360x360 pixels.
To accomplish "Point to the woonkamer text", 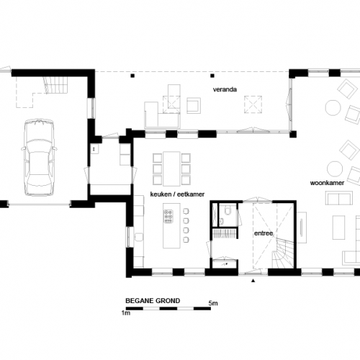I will [x=324, y=184].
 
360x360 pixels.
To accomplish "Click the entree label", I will [x=262, y=235].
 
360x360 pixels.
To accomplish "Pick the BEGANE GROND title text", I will [x=150, y=302].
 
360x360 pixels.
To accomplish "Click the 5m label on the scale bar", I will [x=213, y=302].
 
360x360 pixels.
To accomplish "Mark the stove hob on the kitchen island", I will [x=169, y=214].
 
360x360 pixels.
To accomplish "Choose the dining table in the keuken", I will [x=171, y=167].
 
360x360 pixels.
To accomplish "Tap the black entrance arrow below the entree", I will [x=253, y=282].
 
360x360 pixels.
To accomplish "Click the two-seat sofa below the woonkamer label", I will [x=337, y=199].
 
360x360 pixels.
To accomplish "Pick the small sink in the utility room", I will [x=94, y=149].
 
